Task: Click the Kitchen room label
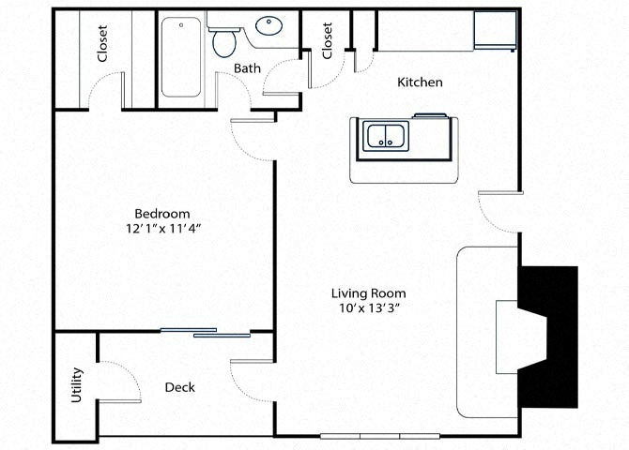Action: click(420, 82)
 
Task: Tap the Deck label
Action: click(179, 387)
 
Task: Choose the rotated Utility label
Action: click(77, 385)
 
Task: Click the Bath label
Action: click(247, 67)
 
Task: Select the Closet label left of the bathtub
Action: click(102, 43)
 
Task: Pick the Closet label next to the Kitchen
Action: click(328, 41)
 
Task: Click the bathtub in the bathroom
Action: click(182, 58)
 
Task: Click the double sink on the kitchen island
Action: click(385, 137)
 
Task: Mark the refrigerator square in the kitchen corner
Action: click(495, 31)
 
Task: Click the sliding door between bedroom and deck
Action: click(206, 332)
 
